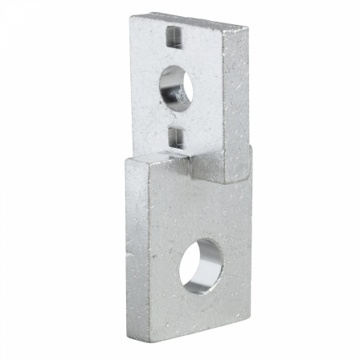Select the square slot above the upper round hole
(171, 35)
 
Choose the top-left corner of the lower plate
(126, 158)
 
